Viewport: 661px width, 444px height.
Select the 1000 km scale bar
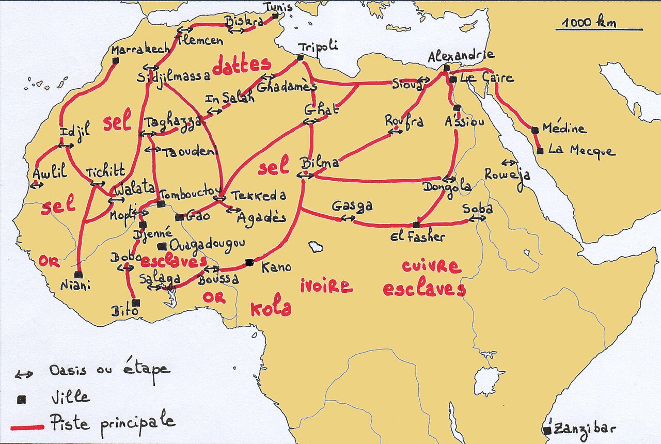pos(599,29)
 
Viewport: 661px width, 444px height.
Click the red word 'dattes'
pos(241,66)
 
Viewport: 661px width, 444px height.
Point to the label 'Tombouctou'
pos(186,193)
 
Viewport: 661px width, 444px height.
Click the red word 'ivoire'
pos(326,286)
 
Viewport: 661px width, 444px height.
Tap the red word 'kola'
pos(271,308)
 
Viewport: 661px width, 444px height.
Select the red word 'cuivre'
pos(431,266)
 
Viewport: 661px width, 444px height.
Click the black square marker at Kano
pos(249,262)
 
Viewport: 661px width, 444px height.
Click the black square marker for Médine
pos(535,130)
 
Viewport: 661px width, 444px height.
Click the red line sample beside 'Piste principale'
pos(27,427)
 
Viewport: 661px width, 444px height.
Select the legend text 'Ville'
pos(70,398)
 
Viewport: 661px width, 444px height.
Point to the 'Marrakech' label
pos(140,50)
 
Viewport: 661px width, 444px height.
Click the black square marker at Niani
pos(78,275)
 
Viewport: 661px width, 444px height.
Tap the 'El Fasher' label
pos(418,237)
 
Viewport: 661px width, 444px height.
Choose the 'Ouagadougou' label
pos(207,244)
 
